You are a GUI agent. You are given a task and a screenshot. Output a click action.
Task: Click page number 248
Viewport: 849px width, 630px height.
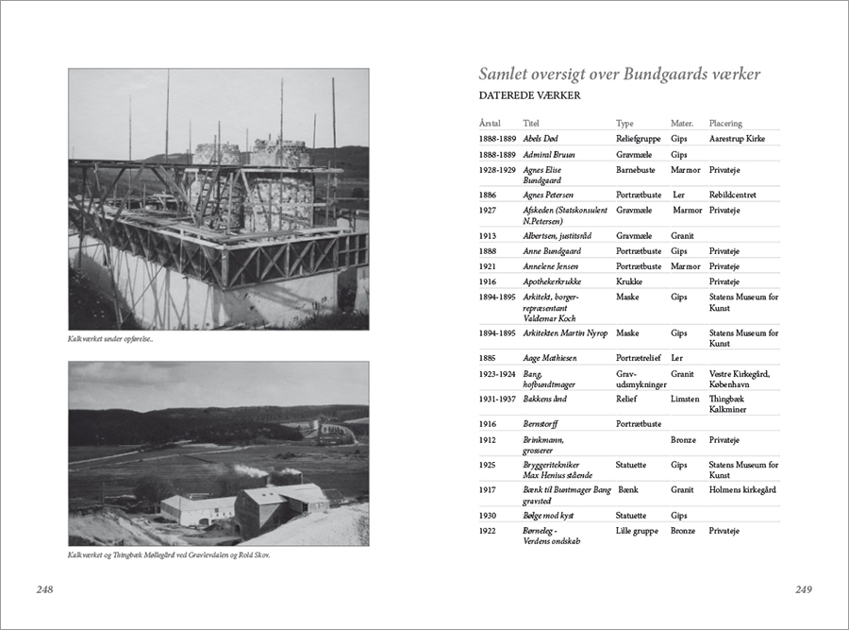tap(44, 589)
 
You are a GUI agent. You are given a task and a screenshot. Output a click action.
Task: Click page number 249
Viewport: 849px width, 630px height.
tap(803, 589)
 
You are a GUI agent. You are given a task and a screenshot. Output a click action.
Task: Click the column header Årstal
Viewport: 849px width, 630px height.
tap(490, 123)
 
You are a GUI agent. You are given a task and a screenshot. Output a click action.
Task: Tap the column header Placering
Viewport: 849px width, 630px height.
tap(725, 123)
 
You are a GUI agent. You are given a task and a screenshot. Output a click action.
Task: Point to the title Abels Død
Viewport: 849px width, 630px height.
tap(541, 139)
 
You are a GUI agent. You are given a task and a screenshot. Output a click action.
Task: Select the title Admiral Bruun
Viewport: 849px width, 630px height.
tap(549, 154)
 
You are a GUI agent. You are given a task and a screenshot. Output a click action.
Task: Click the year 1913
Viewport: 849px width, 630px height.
tap(488, 235)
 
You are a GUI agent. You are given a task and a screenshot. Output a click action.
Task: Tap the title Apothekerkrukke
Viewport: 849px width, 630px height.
tap(554, 281)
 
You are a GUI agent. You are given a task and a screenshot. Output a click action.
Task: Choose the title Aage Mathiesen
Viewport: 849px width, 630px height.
tap(550, 358)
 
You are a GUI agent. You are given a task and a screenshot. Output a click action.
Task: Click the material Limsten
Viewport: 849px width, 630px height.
tap(686, 399)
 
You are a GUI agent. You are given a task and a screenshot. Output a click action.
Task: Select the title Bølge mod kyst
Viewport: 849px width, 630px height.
tap(548, 516)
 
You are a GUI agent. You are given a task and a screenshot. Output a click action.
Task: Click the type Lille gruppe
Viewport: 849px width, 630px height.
tap(638, 531)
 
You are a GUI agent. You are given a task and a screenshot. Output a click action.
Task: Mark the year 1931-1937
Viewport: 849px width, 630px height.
tap(497, 399)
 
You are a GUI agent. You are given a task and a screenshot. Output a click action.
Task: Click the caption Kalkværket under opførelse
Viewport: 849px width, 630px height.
tap(110, 339)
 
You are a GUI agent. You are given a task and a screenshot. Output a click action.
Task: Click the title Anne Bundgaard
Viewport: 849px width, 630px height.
tap(552, 251)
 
